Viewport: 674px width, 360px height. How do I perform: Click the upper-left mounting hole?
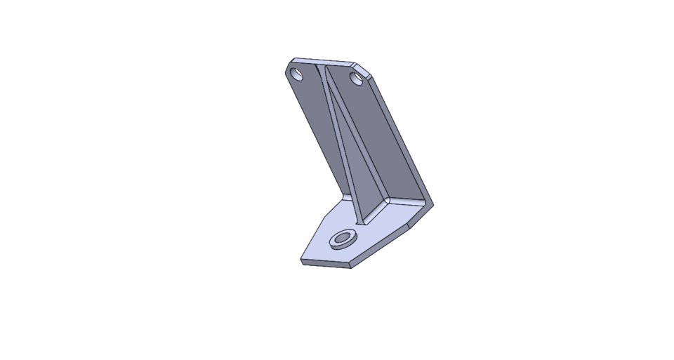(x=298, y=74)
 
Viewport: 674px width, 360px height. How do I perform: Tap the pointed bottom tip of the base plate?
(x=352, y=267)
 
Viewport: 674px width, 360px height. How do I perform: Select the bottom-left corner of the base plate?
(x=302, y=262)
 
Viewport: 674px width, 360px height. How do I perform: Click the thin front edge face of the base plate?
(x=326, y=264)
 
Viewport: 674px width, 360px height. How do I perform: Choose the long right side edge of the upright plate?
(x=404, y=140)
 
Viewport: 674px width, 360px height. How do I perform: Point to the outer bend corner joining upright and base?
(x=430, y=205)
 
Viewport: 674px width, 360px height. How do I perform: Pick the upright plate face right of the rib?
(x=379, y=140)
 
